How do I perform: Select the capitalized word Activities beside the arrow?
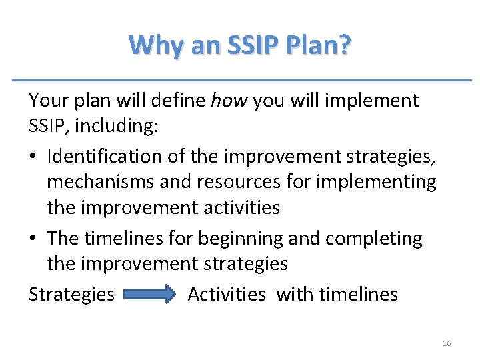(x=227, y=294)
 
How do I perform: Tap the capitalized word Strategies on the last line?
(x=71, y=294)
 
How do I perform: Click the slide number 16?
(x=447, y=343)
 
